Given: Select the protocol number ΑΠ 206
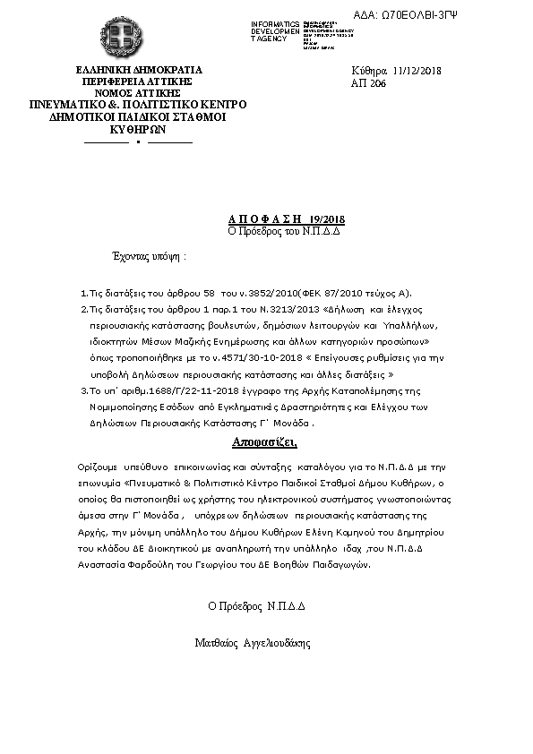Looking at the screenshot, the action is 369,81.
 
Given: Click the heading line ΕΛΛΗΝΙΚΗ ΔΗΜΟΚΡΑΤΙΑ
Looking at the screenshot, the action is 139,70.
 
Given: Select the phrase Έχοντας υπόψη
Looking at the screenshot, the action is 143,257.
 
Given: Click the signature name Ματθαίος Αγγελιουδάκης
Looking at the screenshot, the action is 252,643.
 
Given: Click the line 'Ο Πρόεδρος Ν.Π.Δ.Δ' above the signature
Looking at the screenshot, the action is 257,605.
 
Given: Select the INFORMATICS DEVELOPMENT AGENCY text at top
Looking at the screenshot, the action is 276,31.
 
